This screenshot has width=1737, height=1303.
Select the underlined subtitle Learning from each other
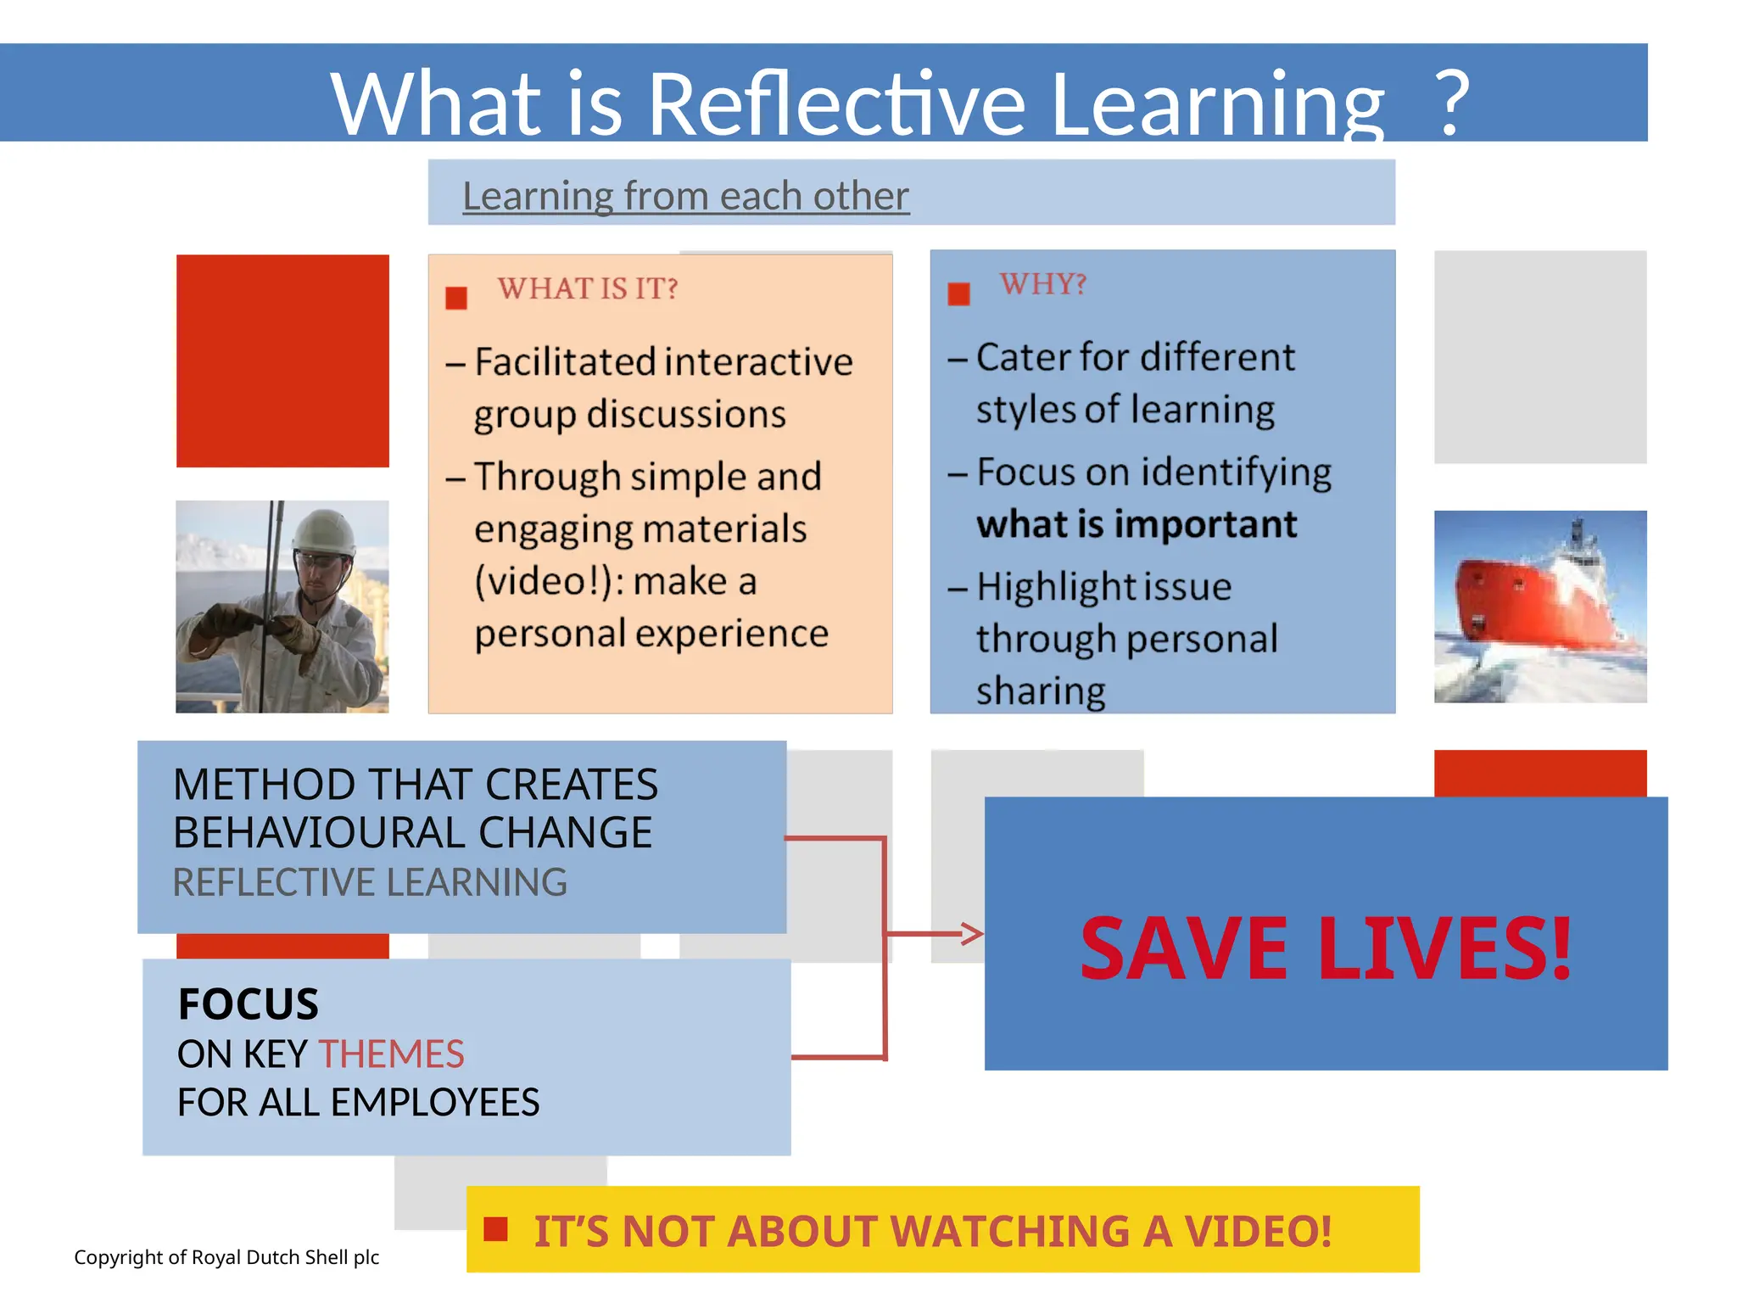pyautogui.click(x=685, y=196)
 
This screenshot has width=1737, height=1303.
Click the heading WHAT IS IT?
pyautogui.click(x=588, y=288)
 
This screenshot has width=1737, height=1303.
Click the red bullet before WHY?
pyautogui.click(x=958, y=294)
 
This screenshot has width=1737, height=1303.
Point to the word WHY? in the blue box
pyautogui.click(x=1043, y=284)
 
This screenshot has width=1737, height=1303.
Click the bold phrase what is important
pyautogui.click(x=1137, y=524)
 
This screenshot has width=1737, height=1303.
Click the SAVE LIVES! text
pyautogui.click(x=1326, y=948)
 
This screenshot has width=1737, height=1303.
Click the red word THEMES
pyautogui.click(x=391, y=1054)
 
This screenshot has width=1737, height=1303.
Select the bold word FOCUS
pyautogui.click(x=249, y=1004)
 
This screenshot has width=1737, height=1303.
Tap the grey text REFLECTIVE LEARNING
pyautogui.click(x=370, y=882)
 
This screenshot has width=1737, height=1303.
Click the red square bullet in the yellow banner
pyautogui.click(x=495, y=1229)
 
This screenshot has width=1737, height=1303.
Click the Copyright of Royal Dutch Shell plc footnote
pyautogui.click(x=226, y=1257)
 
